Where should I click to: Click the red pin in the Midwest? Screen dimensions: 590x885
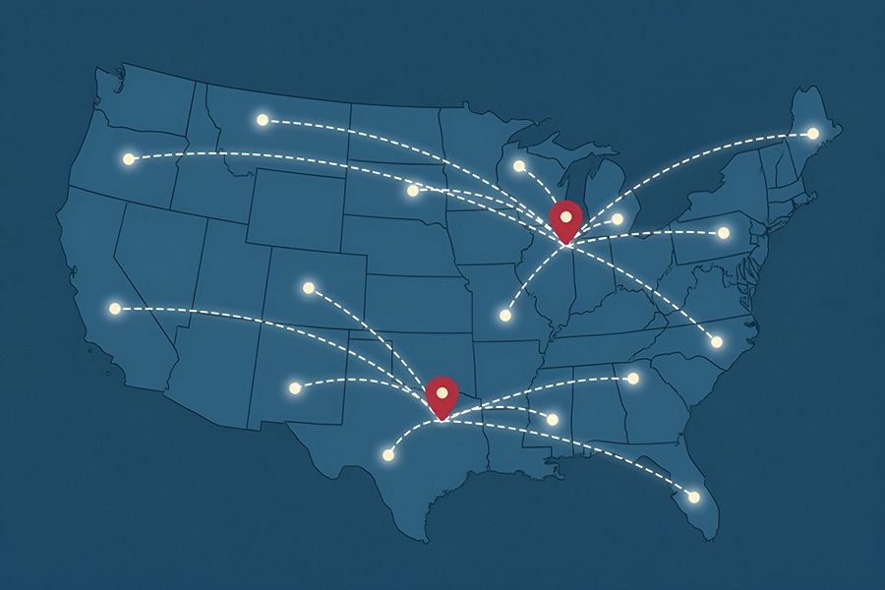[565, 218]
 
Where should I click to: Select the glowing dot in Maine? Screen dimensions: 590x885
[813, 134]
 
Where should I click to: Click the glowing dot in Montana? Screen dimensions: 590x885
[263, 120]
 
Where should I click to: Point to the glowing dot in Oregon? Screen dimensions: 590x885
[128, 158]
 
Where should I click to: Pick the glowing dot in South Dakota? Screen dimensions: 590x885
[413, 191]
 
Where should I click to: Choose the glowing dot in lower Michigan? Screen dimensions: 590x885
[618, 219]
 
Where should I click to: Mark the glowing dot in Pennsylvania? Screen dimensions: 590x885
[724, 233]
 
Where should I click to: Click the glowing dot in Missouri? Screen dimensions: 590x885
[505, 316]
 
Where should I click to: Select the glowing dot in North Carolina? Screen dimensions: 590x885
[717, 342]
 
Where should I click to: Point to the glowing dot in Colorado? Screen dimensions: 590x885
[309, 288]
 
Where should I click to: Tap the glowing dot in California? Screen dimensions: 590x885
[115, 309]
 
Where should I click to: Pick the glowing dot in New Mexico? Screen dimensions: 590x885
[295, 388]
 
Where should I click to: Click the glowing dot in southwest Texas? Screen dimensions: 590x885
[388, 455]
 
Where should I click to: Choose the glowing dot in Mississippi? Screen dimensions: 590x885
[553, 420]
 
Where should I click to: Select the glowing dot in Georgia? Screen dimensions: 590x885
[633, 379]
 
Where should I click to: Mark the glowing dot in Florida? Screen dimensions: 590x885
[694, 498]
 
